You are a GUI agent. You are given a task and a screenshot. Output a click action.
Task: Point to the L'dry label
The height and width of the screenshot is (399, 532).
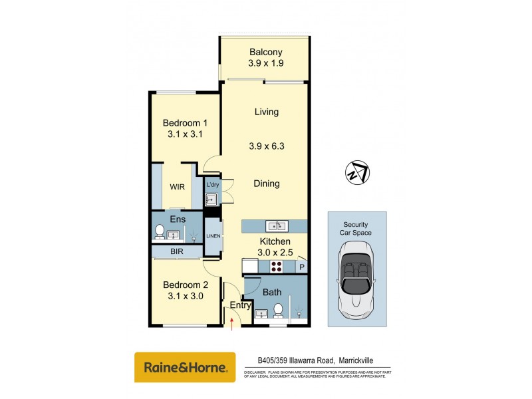[x=213, y=184]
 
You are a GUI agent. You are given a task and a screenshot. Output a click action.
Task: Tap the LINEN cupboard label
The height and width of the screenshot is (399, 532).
[x=213, y=237]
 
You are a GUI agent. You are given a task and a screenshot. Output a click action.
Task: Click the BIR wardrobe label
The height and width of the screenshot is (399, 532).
[x=176, y=252]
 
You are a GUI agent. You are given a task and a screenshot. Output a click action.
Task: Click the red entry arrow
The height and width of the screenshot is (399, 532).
[x=231, y=323]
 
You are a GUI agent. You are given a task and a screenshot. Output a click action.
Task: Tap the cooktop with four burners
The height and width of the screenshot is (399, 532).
[x=277, y=267]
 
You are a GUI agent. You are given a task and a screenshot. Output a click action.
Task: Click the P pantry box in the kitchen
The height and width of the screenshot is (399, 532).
[x=301, y=267]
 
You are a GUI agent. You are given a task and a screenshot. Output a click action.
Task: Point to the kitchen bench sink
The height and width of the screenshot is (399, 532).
[x=275, y=225]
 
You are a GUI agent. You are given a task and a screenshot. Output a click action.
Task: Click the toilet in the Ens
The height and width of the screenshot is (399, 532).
[x=160, y=231]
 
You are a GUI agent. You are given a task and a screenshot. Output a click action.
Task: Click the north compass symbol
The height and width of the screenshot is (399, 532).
[x=357, y=172]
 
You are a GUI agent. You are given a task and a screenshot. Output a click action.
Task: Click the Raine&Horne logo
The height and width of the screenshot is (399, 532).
[x=185, y=367]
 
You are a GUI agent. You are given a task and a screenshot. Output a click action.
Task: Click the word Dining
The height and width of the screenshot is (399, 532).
[x=266, y=184]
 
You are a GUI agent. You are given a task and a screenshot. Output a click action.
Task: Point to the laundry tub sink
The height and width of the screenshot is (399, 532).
[x=212, y=199]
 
